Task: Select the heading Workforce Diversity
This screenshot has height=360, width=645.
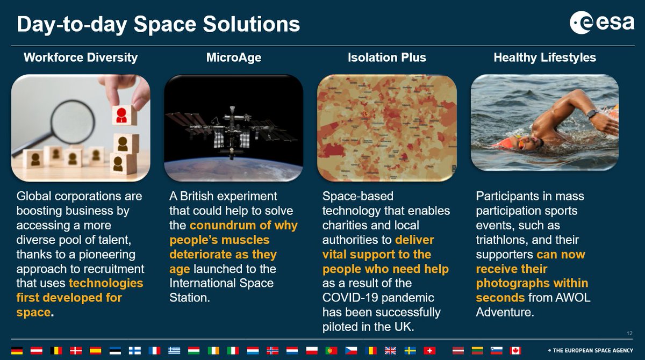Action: [81, 57]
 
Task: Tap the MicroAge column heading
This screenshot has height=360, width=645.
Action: [234, 57]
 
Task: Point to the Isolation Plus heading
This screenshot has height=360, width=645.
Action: [386, 57]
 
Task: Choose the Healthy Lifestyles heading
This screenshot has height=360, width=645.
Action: [544, 57]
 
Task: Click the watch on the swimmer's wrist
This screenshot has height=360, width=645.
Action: [592, 113]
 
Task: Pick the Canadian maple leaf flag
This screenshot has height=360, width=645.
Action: [515, 350]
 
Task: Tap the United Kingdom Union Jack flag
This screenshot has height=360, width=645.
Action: [390, 350]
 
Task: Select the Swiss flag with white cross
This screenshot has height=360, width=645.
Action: [429, 350]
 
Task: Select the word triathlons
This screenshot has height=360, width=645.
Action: [503, 239]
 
